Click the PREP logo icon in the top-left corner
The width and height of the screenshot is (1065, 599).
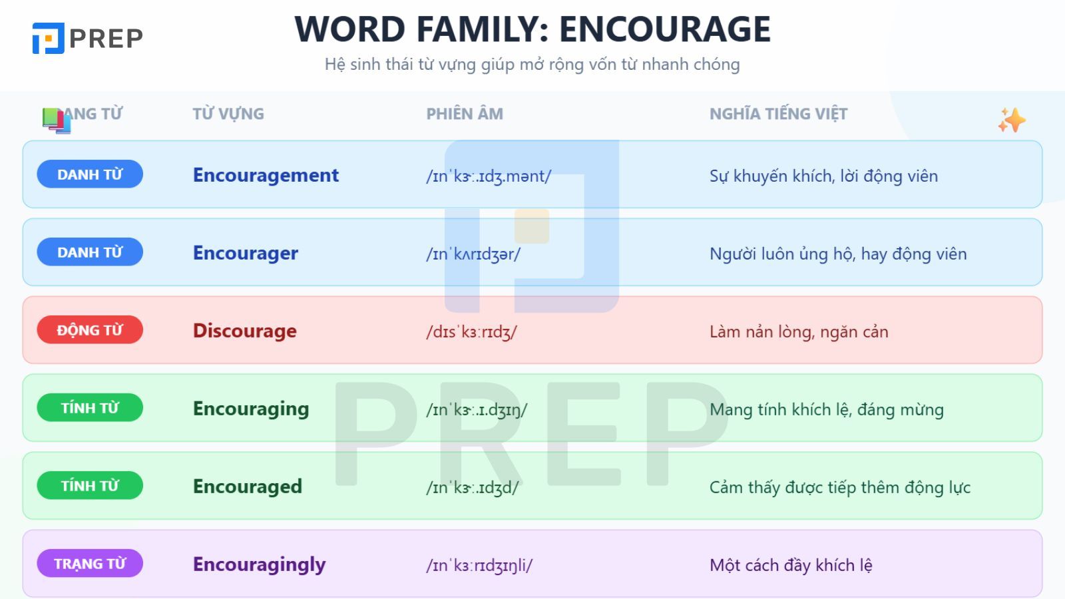point(49,38)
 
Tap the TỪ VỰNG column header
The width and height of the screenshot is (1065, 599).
point(228,114)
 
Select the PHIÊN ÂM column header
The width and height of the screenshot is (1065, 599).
point(465,114)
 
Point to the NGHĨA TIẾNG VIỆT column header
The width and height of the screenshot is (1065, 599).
point(778,114)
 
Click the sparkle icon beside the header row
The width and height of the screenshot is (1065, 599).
point(1011,120)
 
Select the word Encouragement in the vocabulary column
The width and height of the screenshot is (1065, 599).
point(266,175)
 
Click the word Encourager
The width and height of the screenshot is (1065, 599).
point(246,253)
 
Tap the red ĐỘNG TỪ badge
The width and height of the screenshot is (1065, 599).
point(90,330)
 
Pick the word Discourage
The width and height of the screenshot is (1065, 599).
point(245,331)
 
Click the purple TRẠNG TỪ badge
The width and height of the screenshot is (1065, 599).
point(90,564)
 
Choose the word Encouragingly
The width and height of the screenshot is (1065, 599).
point(260,564)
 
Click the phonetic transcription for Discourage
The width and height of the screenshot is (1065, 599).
point(471,331)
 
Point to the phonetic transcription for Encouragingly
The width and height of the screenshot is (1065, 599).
point(479,566)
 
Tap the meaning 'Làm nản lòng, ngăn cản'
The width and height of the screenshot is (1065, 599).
point(799,331)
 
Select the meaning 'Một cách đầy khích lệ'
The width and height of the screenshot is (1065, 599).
point(791,565)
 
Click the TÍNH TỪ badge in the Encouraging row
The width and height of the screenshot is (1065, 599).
point(90,408)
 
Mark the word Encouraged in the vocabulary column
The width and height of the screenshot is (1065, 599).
point(248,487)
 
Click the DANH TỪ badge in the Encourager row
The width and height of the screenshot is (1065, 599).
point(90,252)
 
